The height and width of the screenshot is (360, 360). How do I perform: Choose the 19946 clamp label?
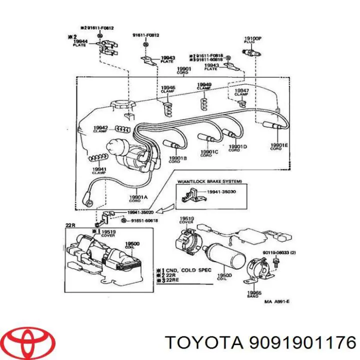pyautogui.click(x=168, y=88)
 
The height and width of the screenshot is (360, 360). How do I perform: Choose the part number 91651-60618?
pyautogui.click(x=144, y=220)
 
